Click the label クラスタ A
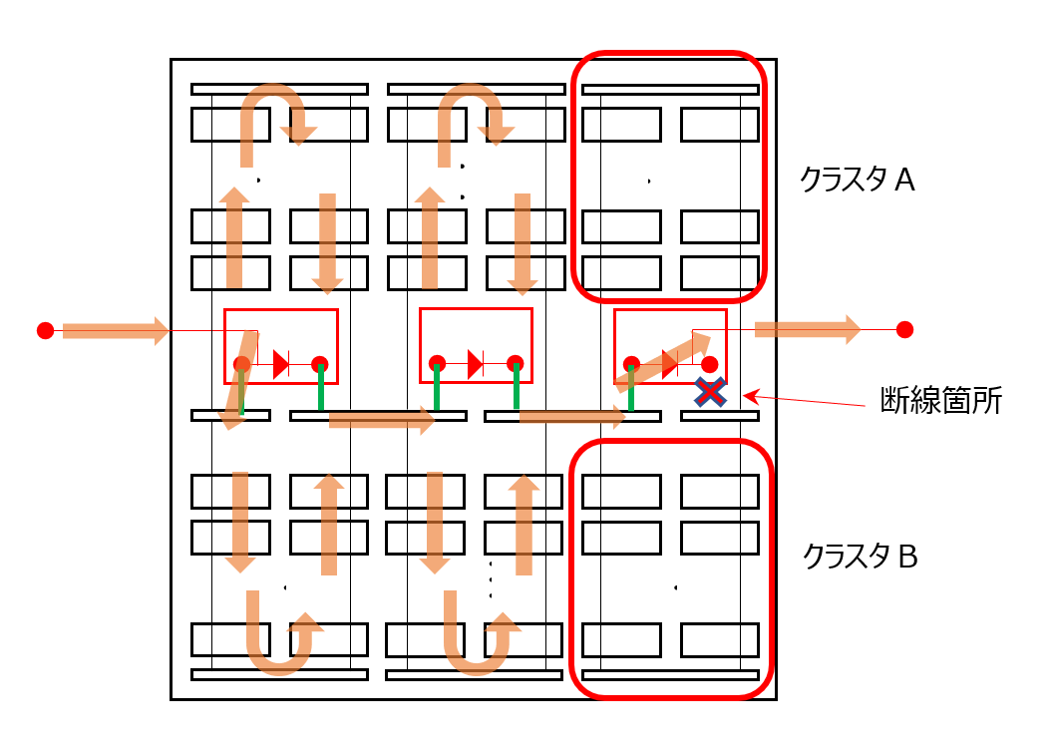pos(857,180)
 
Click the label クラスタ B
pos(860,557)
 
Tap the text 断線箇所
pos(941,400)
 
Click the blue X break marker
pos(710,392)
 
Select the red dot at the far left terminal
pos(46,330)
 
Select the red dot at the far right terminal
pos(905,329)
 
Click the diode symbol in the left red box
pos(281,364)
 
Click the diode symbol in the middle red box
pos(476,364)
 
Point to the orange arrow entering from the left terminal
pos(116,330)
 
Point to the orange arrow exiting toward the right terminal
pos(808,329)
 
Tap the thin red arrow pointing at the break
pos(805,400)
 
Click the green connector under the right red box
pos(631,388)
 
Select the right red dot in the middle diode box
pos(515,364)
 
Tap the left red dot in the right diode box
pos(631,364)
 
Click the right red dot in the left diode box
pos(319,364)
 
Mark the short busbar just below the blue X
pos(720,416)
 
